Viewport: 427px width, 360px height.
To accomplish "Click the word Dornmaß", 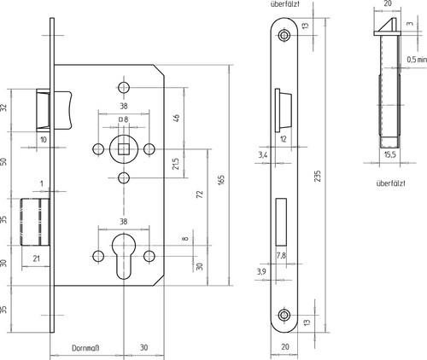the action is (x=85, y=348).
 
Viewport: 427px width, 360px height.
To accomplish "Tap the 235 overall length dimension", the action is (x=318, y=176).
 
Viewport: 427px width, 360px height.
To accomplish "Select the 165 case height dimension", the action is (x=222, y=180).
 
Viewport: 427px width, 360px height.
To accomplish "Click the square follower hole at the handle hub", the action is (x=123, y=149).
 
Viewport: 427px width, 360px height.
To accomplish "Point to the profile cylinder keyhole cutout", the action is (x=123, y=256).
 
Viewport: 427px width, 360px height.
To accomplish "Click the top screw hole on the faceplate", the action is (x=284, y=35).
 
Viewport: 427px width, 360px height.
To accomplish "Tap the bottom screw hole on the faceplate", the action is (x=284, y=315).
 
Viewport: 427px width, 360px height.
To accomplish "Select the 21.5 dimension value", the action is (x=176, y=164).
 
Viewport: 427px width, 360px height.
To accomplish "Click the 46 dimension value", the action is (x=176, y=118).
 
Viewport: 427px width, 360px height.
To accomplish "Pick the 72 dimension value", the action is (x=200, y=195).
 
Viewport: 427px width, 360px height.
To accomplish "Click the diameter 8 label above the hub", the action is (x=123, y=119).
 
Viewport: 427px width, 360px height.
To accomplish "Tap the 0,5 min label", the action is (x=417, y=60).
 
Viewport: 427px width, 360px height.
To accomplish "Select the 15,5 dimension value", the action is (x=389, y=154).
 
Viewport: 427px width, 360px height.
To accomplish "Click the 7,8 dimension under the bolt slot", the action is (x=281, y=256).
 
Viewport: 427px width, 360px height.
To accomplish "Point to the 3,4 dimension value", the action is (x=263, y=155).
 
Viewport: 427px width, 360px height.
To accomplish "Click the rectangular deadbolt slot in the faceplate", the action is (x=281, y=222).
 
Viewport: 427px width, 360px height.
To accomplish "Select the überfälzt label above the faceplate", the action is (x=285, y=4).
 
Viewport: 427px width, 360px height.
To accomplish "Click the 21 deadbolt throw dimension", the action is (x=37, y=258).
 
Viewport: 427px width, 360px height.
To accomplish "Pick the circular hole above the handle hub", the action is (x=124, y=87).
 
